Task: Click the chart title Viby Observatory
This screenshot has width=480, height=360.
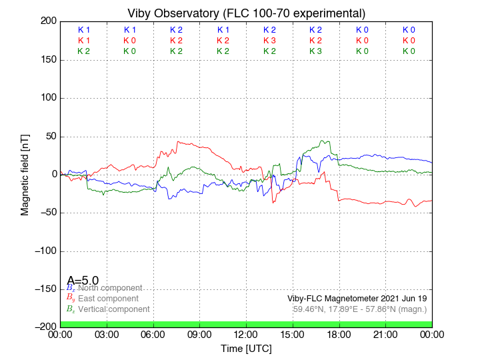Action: click(247, 13)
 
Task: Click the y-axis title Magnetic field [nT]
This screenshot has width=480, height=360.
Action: click(25, 173)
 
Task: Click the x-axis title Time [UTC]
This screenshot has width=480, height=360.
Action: click(247, 349)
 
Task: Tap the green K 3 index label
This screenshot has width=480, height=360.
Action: click(316, 51)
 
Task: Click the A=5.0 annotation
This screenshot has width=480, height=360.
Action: click(83, 281)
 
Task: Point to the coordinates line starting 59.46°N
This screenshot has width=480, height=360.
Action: click(360, 309)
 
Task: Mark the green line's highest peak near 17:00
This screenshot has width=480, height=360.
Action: click(323, 141)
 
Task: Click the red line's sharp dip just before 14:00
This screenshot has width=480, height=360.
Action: click(273, 201)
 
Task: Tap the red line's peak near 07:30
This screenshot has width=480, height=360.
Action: click(178, 141)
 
